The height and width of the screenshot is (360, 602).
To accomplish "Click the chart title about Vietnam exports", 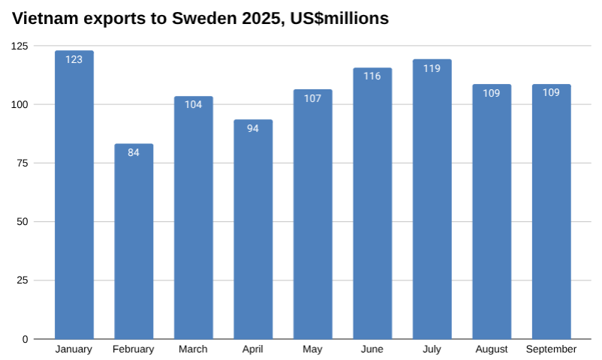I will (200, 19).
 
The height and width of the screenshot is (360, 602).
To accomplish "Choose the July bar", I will (432, 202).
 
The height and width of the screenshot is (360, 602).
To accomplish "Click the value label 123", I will (74, 58).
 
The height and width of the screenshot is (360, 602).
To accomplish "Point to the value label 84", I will (134, 152).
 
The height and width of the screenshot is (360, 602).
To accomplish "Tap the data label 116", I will (372, 76).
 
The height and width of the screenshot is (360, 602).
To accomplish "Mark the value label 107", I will (312, 98).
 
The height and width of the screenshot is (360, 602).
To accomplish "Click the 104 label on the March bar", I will (194, 104).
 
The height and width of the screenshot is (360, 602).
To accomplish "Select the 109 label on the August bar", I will (492, 93).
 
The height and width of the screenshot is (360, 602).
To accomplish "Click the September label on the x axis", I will (551, 349).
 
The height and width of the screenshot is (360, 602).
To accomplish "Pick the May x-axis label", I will (312, 349).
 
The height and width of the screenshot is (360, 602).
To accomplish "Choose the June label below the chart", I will (372, 349).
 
